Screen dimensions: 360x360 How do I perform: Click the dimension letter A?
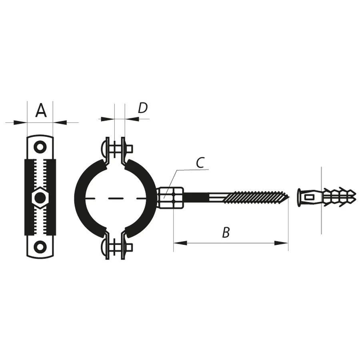point(40,110)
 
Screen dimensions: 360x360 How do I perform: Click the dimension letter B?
point(226,232)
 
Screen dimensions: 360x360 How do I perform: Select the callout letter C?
point(200,162)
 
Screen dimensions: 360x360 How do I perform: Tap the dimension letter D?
point(143,108)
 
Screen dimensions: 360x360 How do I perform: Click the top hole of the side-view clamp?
point(40,147)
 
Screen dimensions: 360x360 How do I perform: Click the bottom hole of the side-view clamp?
point(40,246)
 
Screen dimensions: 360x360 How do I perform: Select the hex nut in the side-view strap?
point(40,198)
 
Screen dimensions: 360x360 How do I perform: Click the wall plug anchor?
point(326,197)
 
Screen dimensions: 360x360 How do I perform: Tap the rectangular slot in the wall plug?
point(309,197)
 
